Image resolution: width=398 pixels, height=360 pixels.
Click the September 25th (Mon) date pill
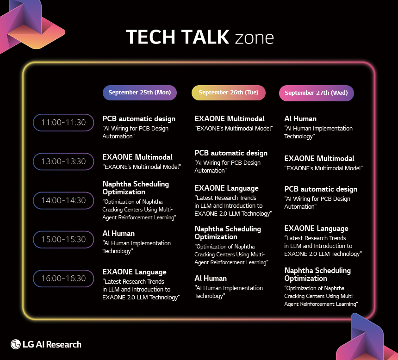140,93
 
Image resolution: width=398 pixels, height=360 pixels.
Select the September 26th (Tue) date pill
229,93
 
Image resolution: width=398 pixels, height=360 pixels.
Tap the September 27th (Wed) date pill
316,93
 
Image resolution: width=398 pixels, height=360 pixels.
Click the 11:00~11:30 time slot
63,123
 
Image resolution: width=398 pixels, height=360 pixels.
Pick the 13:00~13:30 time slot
63,161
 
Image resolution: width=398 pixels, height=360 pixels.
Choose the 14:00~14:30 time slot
63,200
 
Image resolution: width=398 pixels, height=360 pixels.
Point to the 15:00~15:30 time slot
63,239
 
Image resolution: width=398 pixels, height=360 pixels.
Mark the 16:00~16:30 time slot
63,279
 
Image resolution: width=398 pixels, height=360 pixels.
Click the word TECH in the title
150,37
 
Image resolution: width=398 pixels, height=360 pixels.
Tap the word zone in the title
255,38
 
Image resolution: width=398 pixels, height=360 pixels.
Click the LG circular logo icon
15,344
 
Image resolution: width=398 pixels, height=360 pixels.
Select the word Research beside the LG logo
64,345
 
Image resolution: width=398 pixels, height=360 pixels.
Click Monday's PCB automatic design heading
139,119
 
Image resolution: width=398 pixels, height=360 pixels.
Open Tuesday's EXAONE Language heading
226,188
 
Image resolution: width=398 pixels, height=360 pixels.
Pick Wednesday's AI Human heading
300,119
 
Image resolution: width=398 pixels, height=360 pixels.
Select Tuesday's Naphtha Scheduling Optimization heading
228,233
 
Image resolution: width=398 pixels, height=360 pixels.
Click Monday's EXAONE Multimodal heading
137,157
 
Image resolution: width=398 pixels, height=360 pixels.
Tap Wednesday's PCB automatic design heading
321,189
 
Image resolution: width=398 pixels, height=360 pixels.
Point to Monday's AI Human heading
118,234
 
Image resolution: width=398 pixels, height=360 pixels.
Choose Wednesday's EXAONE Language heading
316,229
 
